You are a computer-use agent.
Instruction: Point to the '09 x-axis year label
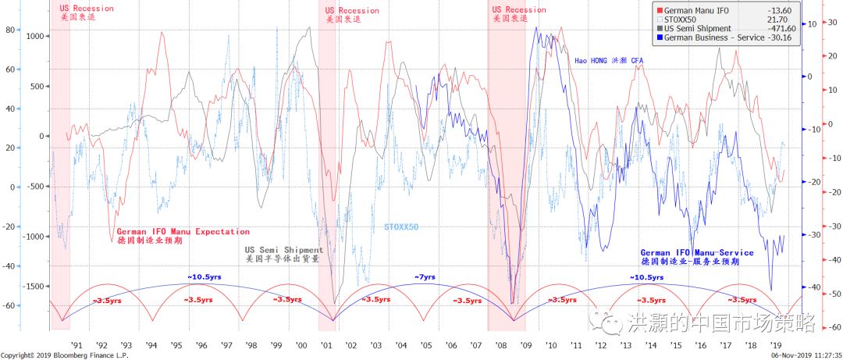point(525,344)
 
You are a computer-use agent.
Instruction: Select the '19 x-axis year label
point(775,344)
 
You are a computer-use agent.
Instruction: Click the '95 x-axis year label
point(177,344)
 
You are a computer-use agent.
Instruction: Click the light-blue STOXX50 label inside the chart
point(401,227)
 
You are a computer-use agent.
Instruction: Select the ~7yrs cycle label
point(424,277)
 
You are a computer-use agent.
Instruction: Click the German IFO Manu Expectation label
point(183,232)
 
